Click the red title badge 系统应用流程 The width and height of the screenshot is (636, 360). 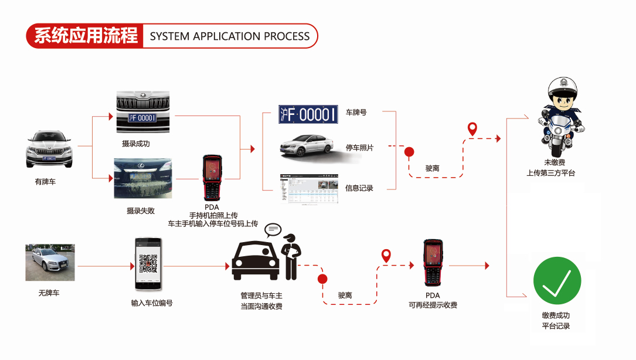[x=86, y=36]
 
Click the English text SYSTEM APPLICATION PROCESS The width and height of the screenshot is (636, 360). [x=229, y=36]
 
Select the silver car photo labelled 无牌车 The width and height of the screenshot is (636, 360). [x=50, y=262]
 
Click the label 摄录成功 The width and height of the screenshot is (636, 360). [x=135, y=144]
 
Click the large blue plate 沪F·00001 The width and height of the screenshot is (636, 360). [x=308, y=114]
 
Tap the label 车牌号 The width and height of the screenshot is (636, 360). [x=356, y=112]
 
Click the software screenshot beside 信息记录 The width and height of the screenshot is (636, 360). [x=309, y=188]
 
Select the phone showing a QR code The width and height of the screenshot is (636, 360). [x=149, y=264]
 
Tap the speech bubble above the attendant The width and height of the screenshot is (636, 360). [x=273, y=229]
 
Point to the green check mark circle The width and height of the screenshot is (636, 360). [x=556, y=281]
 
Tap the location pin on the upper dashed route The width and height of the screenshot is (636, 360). [x=472, y=129]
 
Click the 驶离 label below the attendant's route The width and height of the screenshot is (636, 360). [x=345, y=296]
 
